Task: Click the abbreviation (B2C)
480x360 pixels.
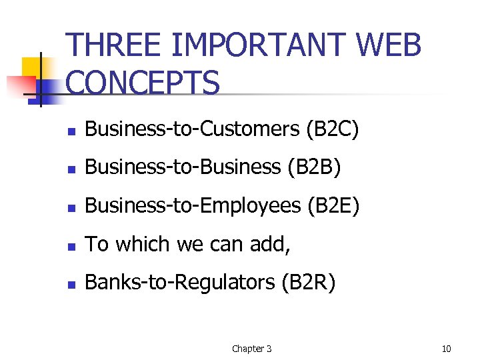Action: pyautogui.click(x=333, y=129)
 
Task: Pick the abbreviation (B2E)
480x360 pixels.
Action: pyautogui.click(x=333, y=206)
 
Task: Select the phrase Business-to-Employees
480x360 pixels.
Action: pyautogui.click(x=193, y=206)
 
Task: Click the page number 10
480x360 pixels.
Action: pyautogui.click(x=447, y=349)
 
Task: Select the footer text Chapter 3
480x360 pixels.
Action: pyautogui.click(x=251, y=349)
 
